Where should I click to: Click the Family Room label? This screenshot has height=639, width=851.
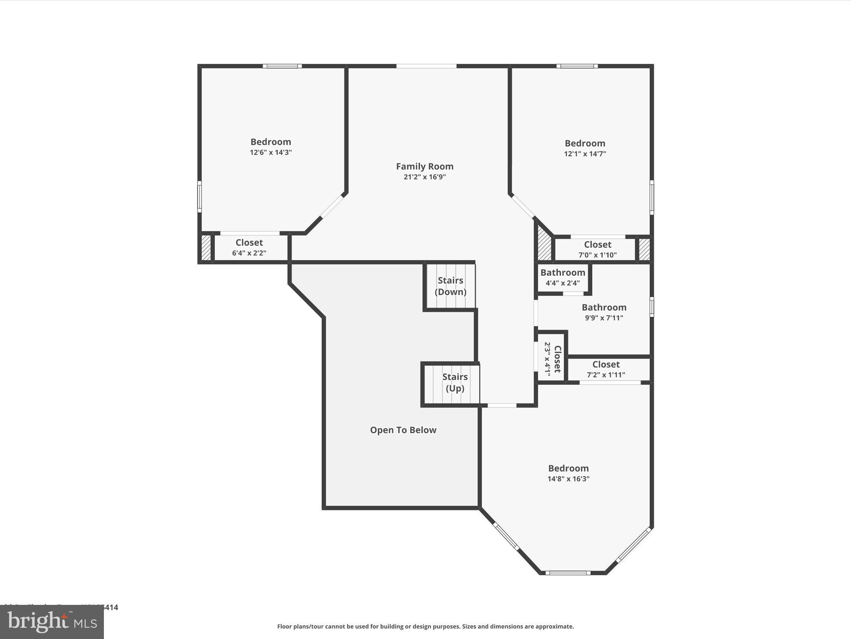(424, 166)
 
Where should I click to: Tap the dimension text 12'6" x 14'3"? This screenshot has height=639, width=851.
(271, 152)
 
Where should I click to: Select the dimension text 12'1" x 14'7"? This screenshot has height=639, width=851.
(585, 154)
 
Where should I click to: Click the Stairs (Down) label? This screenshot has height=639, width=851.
(450, 286)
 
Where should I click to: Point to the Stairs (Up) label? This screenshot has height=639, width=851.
(455, 382)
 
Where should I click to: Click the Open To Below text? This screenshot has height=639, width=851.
(403, 430)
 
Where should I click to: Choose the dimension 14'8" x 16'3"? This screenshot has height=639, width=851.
(568, 479)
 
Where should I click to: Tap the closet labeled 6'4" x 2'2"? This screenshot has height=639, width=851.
(249, 248)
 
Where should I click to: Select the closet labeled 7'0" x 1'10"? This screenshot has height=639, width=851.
(597, 249)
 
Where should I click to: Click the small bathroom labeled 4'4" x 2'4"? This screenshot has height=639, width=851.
(563, 277)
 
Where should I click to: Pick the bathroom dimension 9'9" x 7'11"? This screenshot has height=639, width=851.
(604, 318)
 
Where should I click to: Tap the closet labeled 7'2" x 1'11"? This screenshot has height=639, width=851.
(605, 369)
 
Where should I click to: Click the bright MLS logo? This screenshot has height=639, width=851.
(52, 622)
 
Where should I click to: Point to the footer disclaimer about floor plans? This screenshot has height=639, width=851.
(425, 627)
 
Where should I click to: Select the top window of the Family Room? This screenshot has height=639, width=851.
(426, 66)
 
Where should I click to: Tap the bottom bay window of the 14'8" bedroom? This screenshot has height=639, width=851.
(568, 573)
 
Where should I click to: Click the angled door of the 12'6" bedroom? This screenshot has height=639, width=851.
(332, 206)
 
